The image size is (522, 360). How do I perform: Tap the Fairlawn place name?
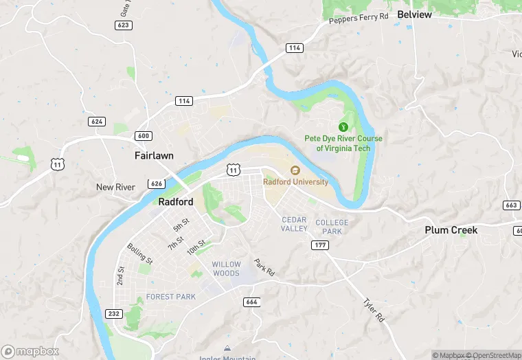click(154, 156)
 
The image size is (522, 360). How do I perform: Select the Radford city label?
click(176, 202)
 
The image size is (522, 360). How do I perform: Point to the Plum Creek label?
click(451, 229)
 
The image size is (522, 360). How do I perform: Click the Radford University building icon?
click(295, 170)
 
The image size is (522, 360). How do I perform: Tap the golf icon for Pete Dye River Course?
click(343, 126)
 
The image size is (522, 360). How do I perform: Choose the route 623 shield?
click(123, 25)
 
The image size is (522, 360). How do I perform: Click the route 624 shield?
click(97, 122)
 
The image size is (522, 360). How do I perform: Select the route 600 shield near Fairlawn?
click(143, 136)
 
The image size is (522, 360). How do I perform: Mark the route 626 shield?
click(156, 183)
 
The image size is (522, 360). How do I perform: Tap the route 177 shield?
click(319, 245)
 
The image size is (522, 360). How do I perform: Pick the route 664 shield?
click(251, 302)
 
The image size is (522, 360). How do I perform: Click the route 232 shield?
click(114, 313)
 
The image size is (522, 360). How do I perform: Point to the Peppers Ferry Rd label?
click(359, 19)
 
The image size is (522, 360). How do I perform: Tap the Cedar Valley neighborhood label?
click(295, 224)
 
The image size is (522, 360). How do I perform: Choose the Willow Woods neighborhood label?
click(226, 269)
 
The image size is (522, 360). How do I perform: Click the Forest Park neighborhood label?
click(170, 297)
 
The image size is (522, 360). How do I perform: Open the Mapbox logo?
click(30, 351)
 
